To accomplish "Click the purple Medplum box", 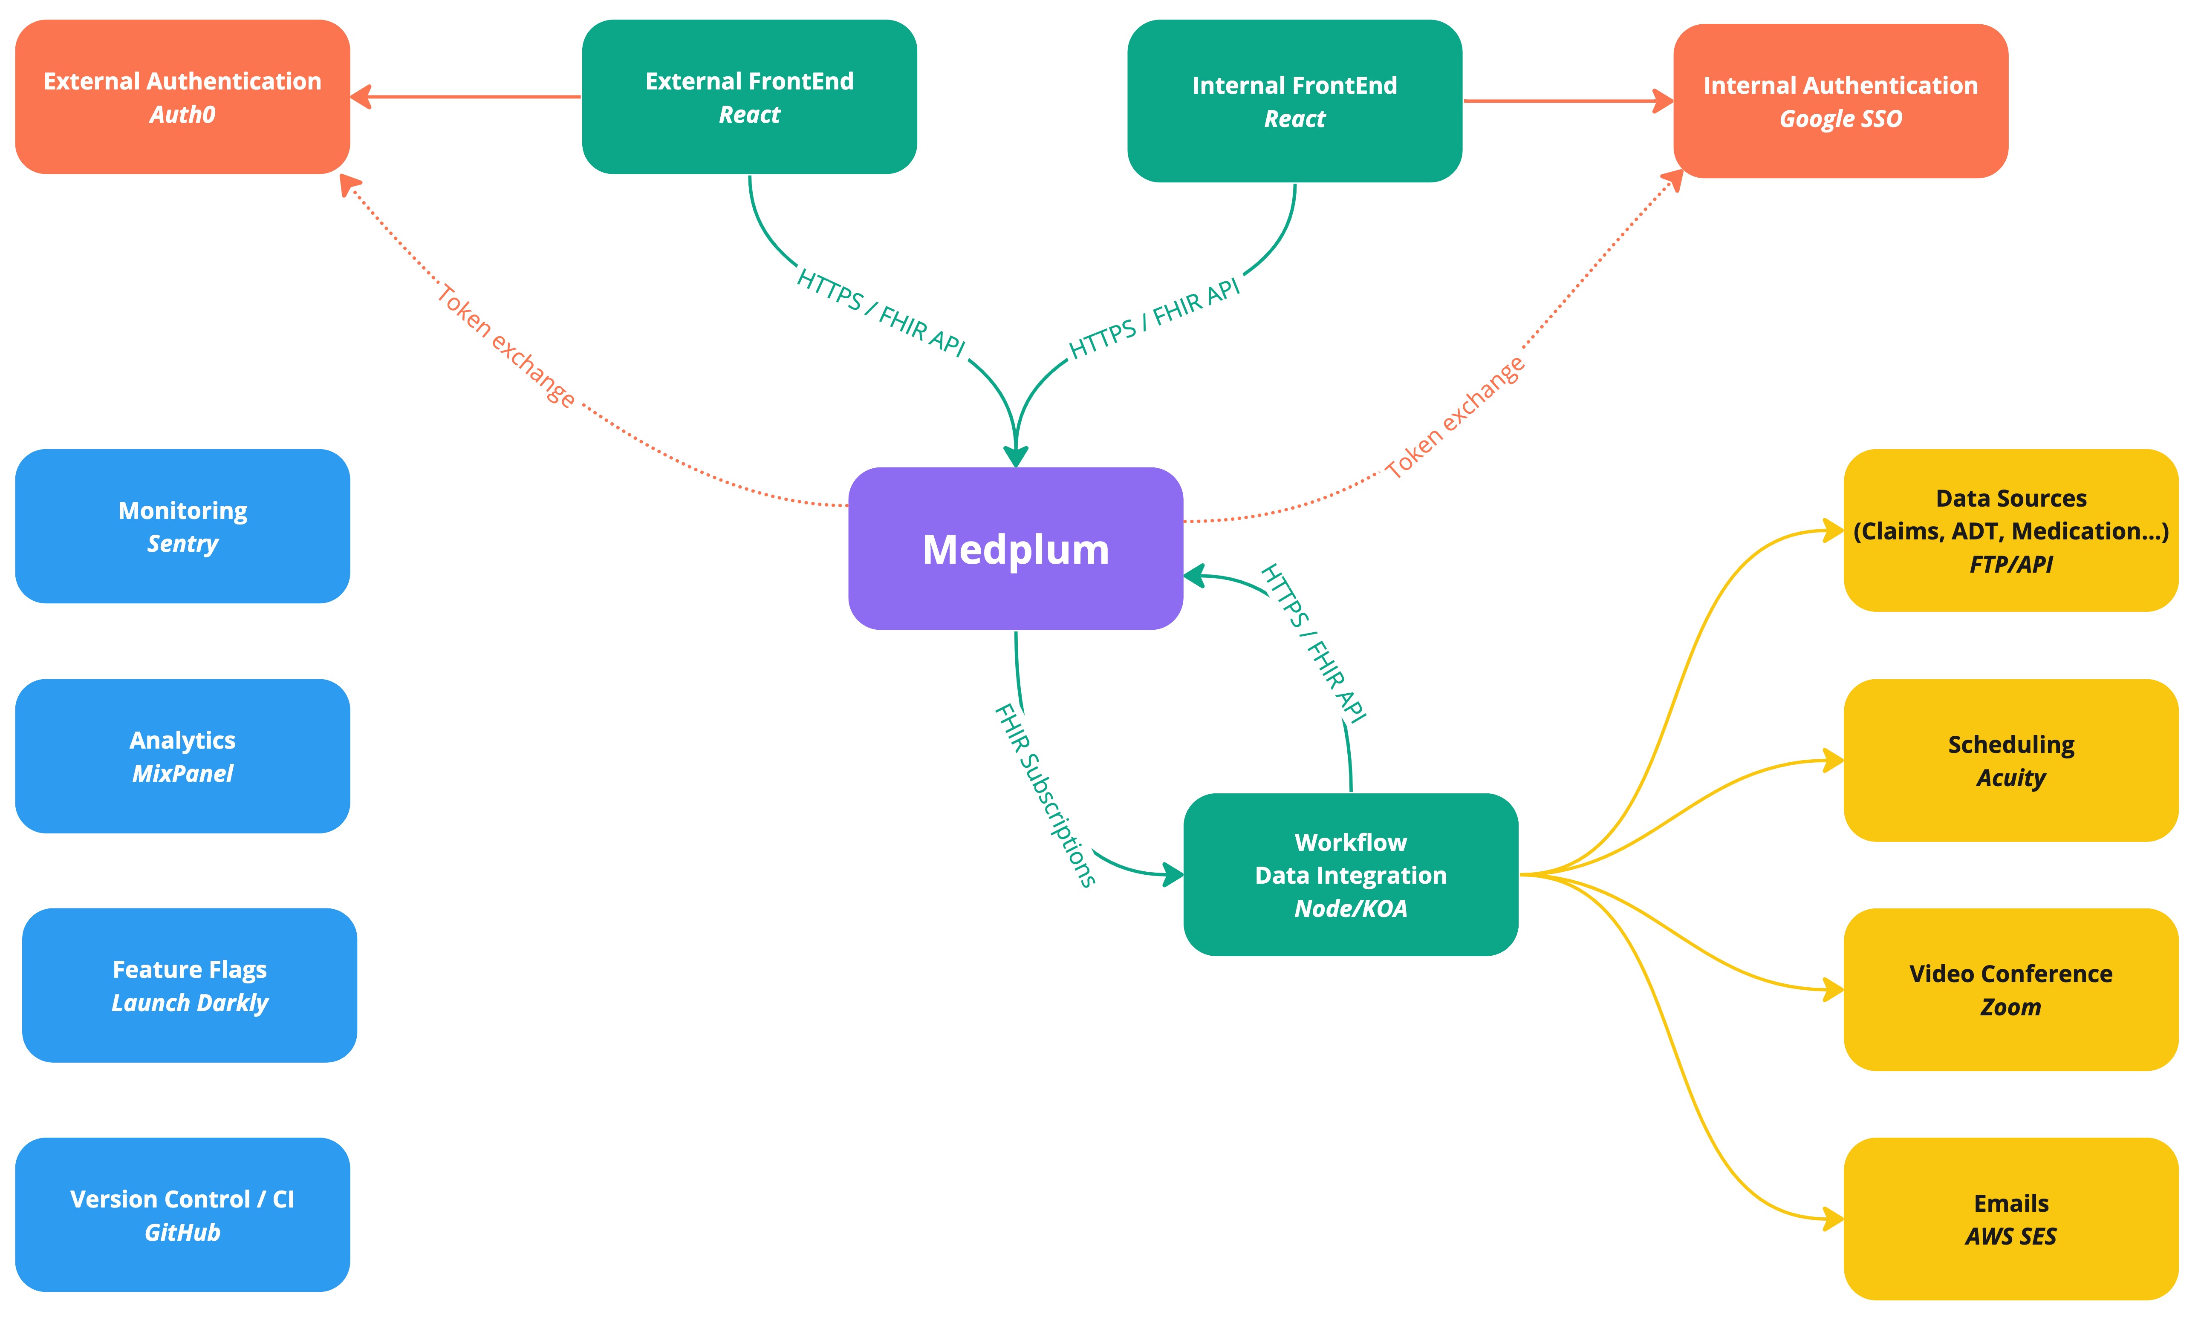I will pos(1015,549).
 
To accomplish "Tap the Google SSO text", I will pos(1840,119).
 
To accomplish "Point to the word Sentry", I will pos(182,544).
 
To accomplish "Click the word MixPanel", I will pos(182,774).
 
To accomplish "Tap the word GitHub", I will pos(182,1233).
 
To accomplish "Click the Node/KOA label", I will pos(1349,909).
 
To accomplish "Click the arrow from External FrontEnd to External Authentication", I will pos(467,97).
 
